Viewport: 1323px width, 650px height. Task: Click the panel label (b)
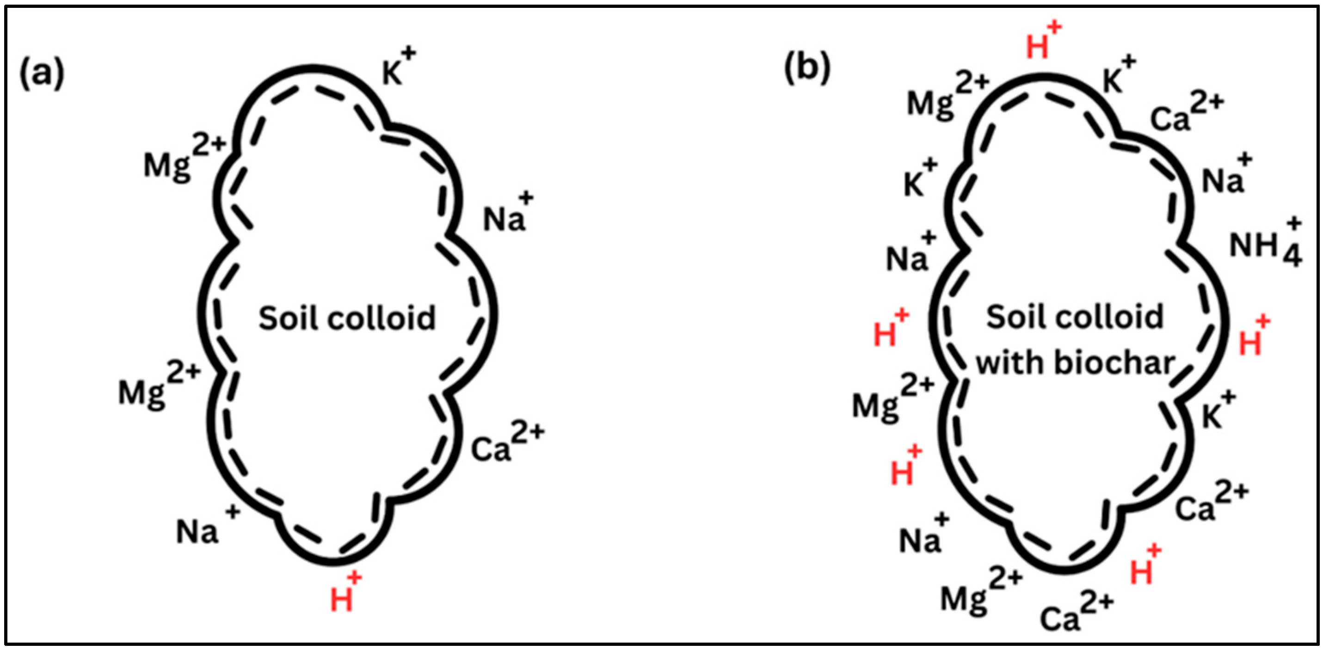click(x=807, y=69)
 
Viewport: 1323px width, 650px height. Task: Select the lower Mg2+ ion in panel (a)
click(x=158, y=385)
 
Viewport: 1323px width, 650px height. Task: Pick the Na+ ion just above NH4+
click(x=1226, y=176)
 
